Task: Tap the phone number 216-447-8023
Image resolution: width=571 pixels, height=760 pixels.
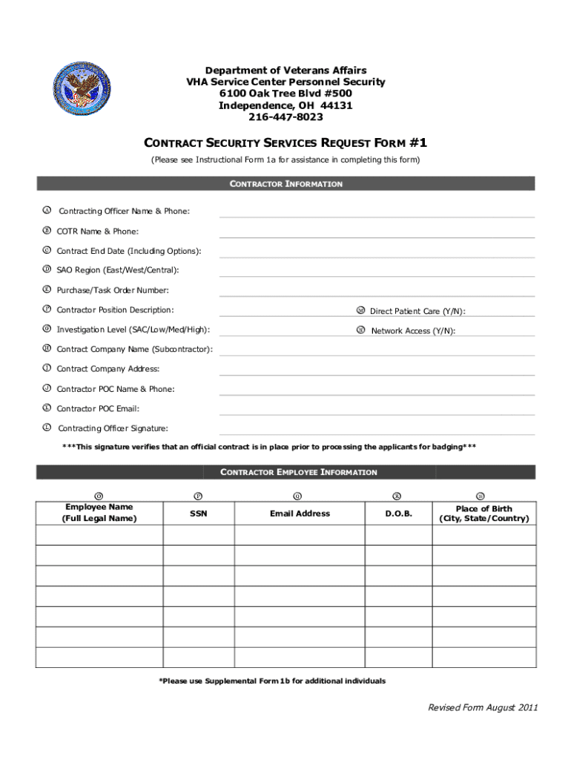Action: click(285, 117)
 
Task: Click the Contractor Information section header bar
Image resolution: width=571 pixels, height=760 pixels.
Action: click(285, 183)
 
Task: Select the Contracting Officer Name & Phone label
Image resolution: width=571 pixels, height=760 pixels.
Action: click(124, 212)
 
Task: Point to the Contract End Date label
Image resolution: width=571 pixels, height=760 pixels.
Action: click(128, 251)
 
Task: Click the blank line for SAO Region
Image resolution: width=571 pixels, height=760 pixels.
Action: click(376, 272)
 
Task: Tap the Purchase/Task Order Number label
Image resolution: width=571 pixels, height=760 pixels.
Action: click(113, 290)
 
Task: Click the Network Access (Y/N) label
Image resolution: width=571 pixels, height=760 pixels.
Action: click(413, 331)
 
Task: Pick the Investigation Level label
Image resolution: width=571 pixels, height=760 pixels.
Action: click(133, 330)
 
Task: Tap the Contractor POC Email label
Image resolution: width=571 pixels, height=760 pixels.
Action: click(98, 408)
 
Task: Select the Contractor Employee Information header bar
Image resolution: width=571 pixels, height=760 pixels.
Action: click(285, 472)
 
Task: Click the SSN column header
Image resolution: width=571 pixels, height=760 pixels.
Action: click(198, 514)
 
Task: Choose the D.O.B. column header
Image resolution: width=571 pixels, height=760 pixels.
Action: click(398, 514)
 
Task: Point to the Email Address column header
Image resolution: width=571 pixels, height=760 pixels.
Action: click(300, 514)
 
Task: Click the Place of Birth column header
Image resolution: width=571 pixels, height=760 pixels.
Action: click(483, 514)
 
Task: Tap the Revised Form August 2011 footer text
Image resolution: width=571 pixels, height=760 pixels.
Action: click(482, 707)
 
